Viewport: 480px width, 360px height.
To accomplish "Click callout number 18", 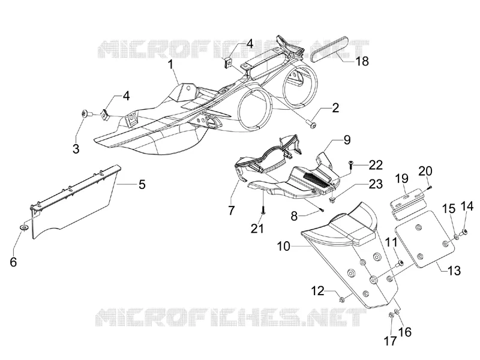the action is (x=362, y=61).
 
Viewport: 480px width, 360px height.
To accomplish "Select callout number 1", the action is (x=170, y=65).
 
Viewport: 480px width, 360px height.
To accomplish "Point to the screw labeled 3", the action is (x=86, y=114).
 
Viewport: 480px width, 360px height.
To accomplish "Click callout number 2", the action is (x=335, y=108).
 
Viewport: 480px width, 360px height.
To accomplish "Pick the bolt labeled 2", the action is (x=312, y=125).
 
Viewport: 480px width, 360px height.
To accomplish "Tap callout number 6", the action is (x=13, y=262).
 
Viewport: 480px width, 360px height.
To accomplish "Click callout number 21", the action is (x=257, y=229).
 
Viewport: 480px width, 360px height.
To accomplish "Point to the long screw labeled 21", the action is (x=263, y=205).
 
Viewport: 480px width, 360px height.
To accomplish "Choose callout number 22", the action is (x=376, y=165).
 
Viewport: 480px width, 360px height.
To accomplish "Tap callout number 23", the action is (x=376, y=184).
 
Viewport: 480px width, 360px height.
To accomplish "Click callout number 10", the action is (x=283, y=246).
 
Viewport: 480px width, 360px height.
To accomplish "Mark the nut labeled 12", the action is (x=342, y=298).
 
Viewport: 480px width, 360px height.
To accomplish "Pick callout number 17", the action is (x=391, y=341).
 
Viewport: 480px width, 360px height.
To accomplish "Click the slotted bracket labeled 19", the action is (x=409, y=203).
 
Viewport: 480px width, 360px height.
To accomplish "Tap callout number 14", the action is (x=467, y=206).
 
